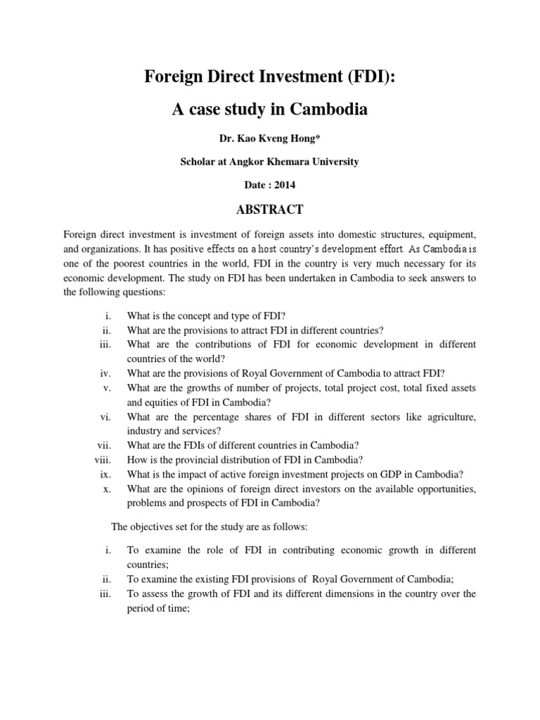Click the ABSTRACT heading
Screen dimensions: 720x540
click(270, 209)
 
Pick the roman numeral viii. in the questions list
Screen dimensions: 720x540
click(103, 460)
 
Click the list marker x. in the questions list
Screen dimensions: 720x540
click(108, 489)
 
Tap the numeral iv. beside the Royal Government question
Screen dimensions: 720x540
click(105, 373)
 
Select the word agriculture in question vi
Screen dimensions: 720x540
click(449, 417)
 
